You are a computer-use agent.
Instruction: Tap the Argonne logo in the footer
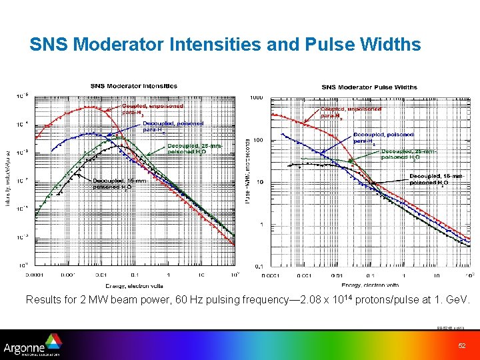pyautogui.click(x=33, y=347)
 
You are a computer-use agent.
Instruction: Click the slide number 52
pyautogui.click(x=461, y=345)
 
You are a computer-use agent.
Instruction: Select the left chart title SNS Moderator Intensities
pyautogui.click(x=134, y=85)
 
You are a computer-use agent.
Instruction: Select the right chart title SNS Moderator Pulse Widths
pyautogui.click(x=369, y=87)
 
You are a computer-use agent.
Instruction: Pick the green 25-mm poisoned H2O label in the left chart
pyautogui.click(x=191, y=148)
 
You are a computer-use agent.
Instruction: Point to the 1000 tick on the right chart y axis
pyautogui.click(x=256, y=98)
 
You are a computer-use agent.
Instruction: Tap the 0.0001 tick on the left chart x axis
pyautogui.click(x=35, y=273)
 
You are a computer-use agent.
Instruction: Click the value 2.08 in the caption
pyautogui.click(x=295, y=300)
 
